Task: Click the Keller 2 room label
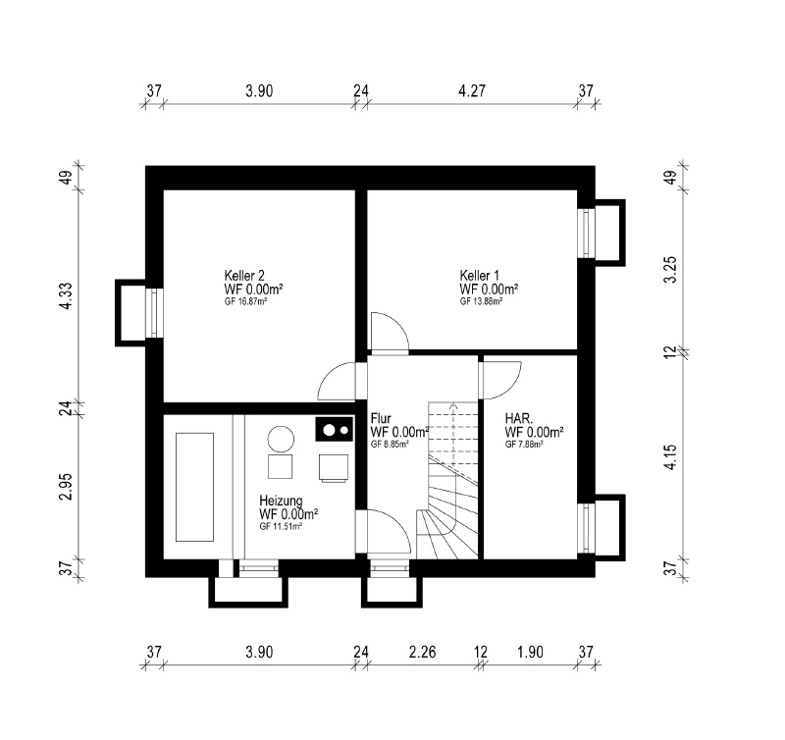coord(244,276)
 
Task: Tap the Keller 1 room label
coord(480,276)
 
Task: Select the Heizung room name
coord(281,501)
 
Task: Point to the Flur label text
coord(381,418)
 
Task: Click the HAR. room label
coord(519,418)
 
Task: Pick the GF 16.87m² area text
coord(245,301)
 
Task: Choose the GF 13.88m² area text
coord(481,301)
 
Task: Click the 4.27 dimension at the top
coord(472,91)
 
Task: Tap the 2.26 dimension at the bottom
coord(422,652)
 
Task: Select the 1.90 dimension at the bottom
coord(530,652)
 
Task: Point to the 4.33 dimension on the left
coord(67,295)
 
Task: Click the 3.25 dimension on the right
coord(671,270)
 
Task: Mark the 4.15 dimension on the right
coord(671,456)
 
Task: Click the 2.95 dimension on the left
coord(67,486)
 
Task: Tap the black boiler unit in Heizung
coord(335,430)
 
